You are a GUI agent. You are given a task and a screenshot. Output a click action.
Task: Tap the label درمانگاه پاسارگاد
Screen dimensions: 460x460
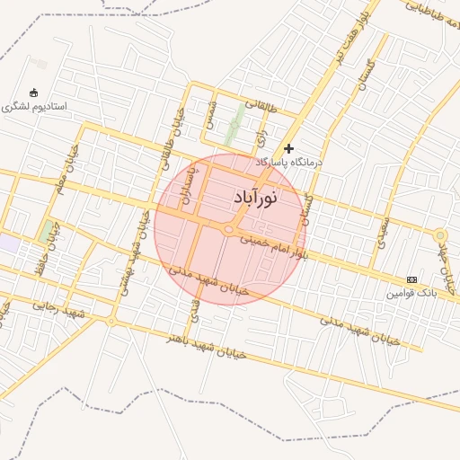click(288, 163)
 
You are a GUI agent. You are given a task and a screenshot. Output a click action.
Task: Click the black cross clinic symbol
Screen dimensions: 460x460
click(288, 148)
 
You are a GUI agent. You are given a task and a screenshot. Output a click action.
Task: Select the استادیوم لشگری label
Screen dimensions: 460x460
click(34, 106)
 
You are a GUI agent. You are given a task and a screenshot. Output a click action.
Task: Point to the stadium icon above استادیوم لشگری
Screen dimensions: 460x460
click(34, 92)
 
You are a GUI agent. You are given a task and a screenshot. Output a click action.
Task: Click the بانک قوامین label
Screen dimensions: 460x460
click(411, 293)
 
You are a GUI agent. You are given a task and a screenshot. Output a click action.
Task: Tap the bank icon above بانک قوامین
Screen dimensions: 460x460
click(411, 279)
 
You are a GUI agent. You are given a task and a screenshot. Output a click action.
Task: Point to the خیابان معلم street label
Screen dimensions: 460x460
click(65, 178)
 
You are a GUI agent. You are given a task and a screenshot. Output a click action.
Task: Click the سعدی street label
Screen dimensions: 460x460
click(381, 231)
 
